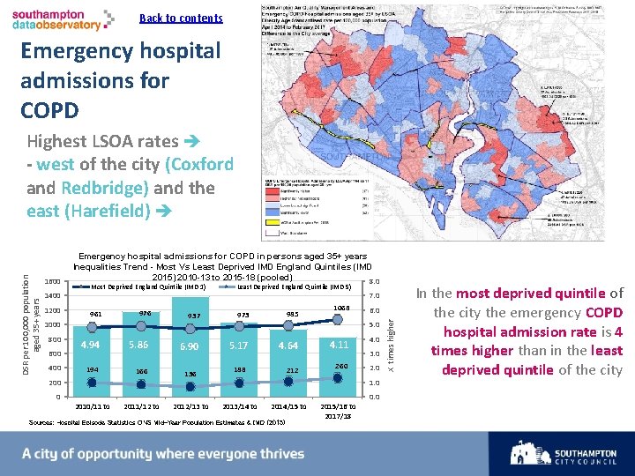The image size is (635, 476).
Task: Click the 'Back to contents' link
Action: [181, 19]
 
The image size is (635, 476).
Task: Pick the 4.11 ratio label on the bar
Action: [339, 344]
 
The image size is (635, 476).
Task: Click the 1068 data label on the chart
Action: [341, 308]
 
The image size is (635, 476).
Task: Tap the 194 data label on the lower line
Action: [93, 369]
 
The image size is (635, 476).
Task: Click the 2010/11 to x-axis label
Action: [93, 406]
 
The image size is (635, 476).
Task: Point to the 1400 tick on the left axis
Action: [52, 296]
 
